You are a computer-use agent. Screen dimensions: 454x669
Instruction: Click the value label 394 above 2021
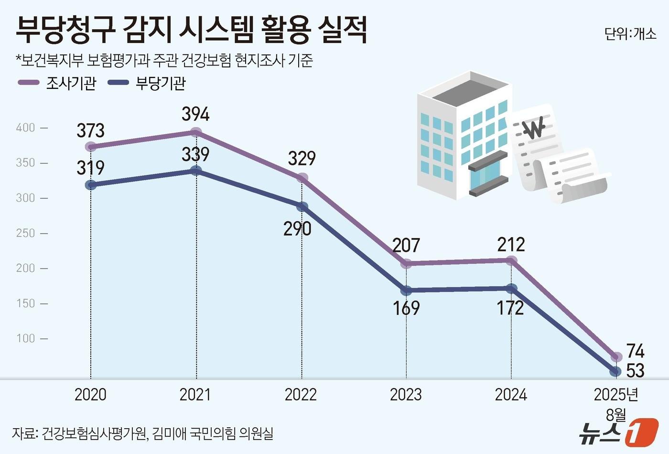coord(195,115)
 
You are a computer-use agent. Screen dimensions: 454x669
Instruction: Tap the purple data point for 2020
coord(91,146)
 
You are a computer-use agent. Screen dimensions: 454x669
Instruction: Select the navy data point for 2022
coord(302,207)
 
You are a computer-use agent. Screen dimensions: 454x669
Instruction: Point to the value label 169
coord(406,308)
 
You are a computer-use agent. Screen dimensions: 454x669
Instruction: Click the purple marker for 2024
coord(511,260)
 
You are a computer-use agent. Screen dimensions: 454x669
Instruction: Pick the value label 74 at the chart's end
coord(636,352)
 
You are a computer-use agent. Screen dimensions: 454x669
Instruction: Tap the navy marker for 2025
coord(616,371)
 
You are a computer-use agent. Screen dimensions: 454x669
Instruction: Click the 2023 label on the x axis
coord(406,395)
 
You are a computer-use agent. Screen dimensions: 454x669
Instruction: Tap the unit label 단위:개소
coord(630,34)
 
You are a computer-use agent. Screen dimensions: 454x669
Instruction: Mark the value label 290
coord(297,229)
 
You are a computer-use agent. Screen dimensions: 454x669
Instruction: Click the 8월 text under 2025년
coord(615,414)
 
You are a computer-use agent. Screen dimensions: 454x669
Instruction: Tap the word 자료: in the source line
coord(25,434)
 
